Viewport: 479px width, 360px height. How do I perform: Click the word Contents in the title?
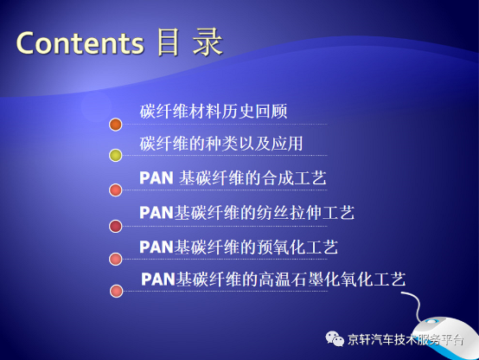pyautogui.click(x=80, y=42)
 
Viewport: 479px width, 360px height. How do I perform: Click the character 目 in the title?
pyautogui.click(x=168, y=42)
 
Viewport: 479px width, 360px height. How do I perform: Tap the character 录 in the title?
pyautogui.click(x=208, y=42)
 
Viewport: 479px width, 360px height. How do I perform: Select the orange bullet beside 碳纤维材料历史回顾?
pyautogui.click(x=116, y=125)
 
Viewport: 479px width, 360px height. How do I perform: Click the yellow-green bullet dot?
pyautogui.click(x=116, y=155)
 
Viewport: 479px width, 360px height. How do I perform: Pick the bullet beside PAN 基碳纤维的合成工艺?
pyautogui.click(x=116, y=190)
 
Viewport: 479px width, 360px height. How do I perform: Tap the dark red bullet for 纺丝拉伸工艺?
pyautogui.click(x=116, y=227)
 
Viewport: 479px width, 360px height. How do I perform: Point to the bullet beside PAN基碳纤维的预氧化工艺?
pyautogui.click(x=116, y=259)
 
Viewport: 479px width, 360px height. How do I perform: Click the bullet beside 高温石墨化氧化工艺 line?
pyautogui.click(x=116, y=291)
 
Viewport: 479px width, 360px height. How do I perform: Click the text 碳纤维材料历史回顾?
pyautogui.click(x=214, y=111)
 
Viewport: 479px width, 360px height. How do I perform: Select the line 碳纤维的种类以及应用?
pyautogui.click(x=221, y=144)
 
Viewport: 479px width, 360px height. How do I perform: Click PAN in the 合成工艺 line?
pyautogui.click(x=156, y=178)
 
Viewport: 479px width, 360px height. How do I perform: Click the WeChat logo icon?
pyautogui.click(x=335, y=338)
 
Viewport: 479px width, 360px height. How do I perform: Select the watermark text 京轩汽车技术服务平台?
pyautogui.click(x=406, y=339)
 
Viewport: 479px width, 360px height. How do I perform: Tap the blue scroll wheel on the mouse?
pyautogui.click(x=431, y=321)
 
